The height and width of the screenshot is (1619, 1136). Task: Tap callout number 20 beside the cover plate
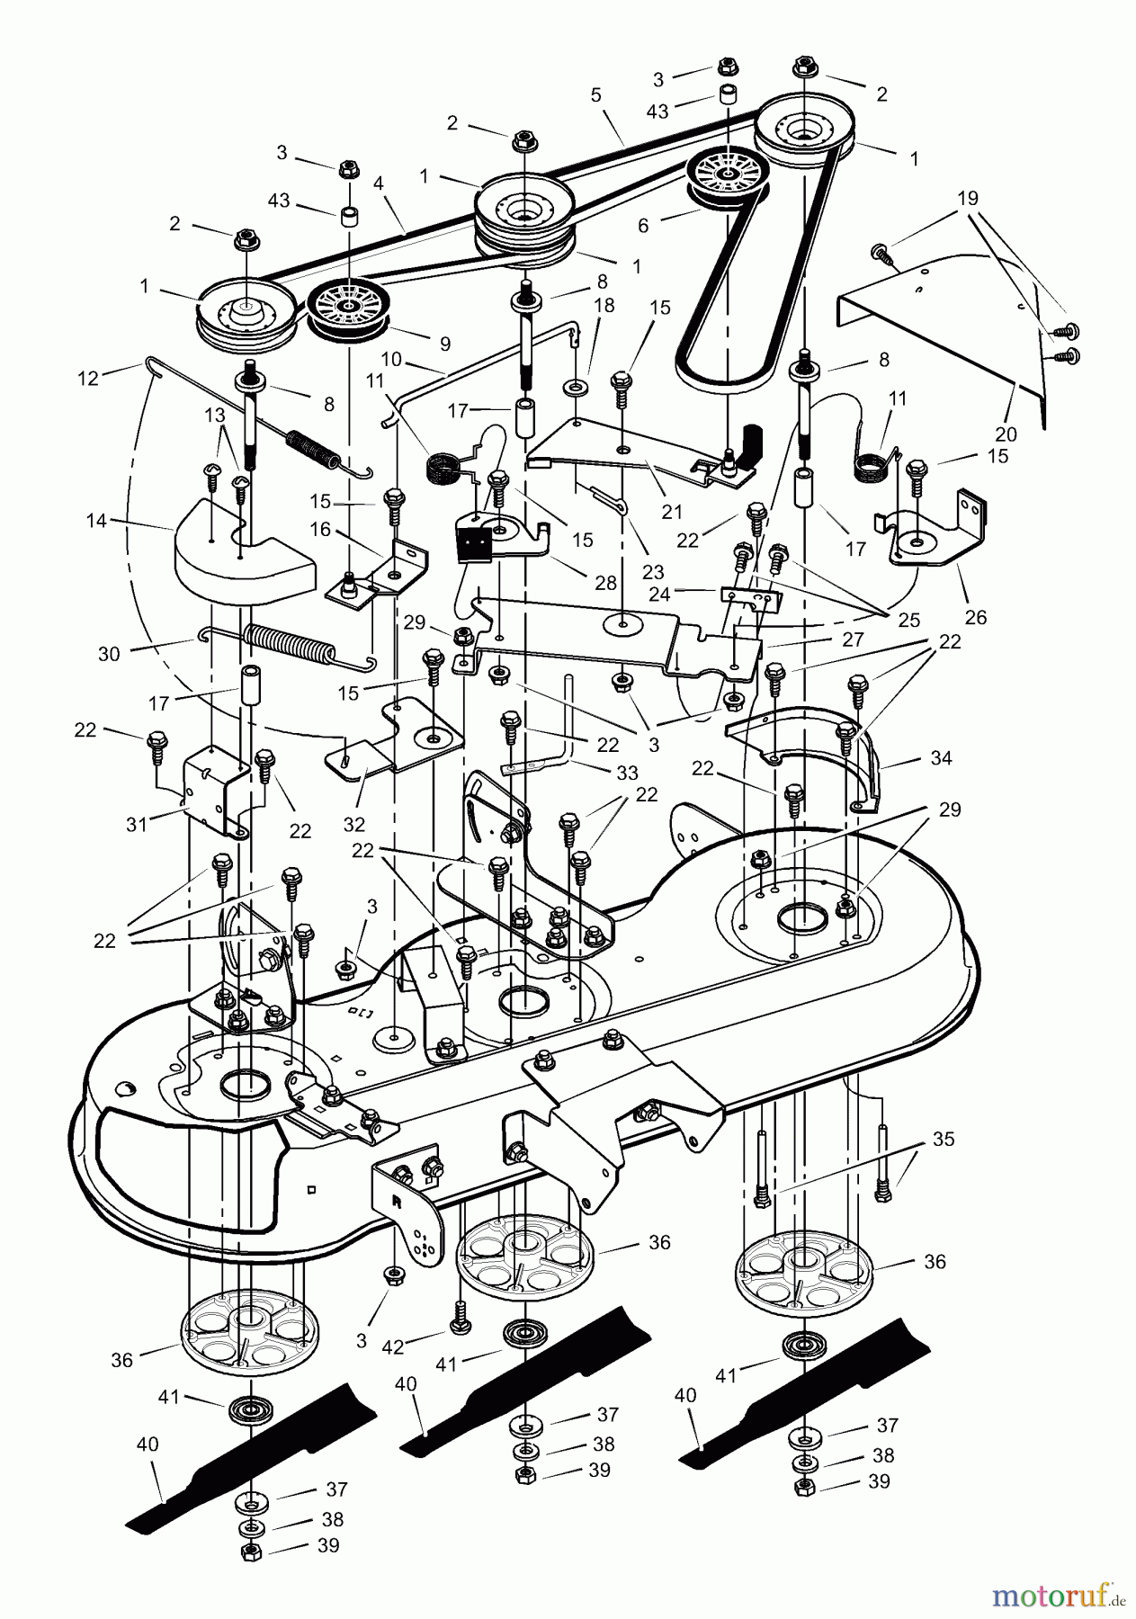click(x=1006, y=434)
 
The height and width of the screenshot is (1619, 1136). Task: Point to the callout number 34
click(x=941, y=758)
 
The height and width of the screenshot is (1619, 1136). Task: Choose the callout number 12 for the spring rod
click(x=88, y=379)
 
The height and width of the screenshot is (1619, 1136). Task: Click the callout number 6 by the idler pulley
click(x=642, y=226)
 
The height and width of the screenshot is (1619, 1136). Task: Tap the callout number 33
click(x=626, y=772)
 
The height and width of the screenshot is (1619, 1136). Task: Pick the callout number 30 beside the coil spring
click(x=108, y=655)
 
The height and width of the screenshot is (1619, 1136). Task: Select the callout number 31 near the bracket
click(x=137, y=824)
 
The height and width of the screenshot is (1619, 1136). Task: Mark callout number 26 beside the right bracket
click(x=976, y=617)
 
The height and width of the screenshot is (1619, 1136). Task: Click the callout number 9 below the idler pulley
click(x=444, y=344)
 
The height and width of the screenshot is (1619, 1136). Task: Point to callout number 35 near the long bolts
click(x=943, y=1139)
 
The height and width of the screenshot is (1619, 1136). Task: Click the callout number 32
click(x=353, y=824)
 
